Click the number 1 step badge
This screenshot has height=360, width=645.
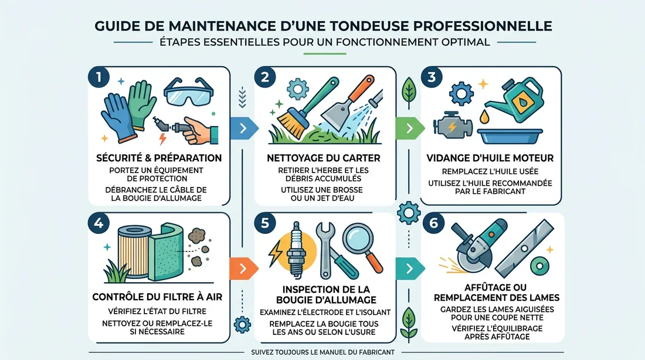(99, 77)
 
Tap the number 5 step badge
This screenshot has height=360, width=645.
(265, 223)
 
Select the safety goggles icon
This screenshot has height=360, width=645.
(188, 92)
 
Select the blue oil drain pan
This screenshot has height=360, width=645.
(510, 136)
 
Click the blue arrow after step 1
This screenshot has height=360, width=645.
(244, 128)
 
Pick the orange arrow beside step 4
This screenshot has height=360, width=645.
(244, 269)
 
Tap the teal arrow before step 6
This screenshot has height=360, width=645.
(410, 269)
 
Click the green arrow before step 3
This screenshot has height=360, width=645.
(410, 128)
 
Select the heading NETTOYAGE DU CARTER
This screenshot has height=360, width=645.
(323, 158)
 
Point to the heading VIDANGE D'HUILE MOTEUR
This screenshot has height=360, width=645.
(490, 158)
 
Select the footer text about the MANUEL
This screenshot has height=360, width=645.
(323, 352)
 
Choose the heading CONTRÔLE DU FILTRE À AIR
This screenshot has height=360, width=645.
(157, 297)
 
